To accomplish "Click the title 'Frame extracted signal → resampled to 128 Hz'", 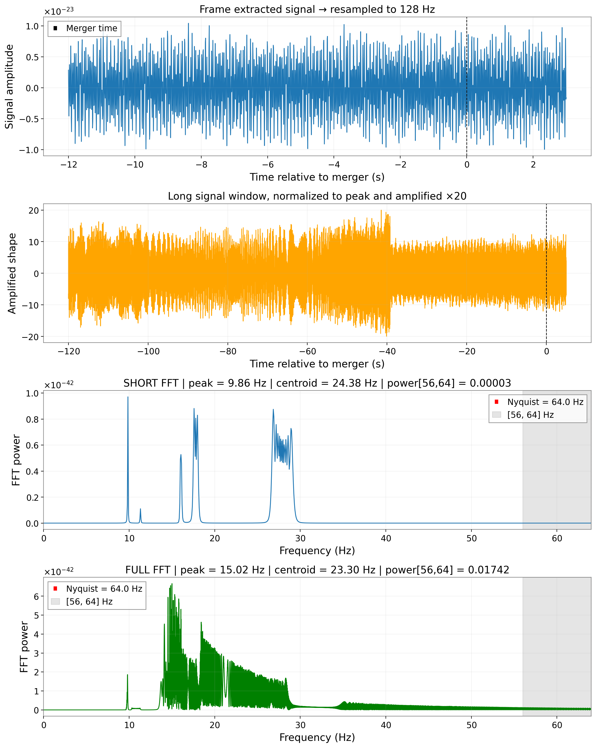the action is point(317,9).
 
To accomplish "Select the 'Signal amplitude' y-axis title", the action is point(9,86).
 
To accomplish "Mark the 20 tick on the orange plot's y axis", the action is point(34,210).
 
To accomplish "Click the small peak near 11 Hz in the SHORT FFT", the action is point(140,509).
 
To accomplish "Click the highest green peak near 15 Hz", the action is point(172,584).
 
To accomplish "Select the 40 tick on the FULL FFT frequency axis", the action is point(386,725).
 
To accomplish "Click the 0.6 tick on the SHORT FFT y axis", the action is point(32,445).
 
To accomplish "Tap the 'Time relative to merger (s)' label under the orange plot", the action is point(317,364).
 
